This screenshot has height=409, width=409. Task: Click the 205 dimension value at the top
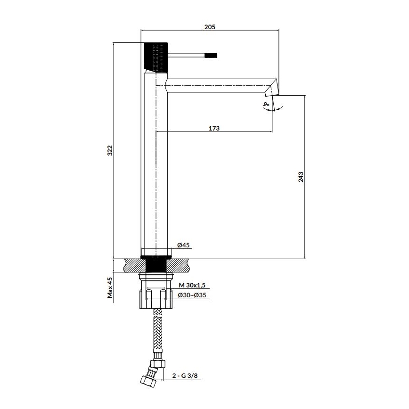coord(210,27)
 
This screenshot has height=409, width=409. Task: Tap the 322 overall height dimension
coord(110,150)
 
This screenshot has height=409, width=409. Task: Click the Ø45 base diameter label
coord(183,245)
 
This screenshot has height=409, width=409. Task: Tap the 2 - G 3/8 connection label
coord(185,376)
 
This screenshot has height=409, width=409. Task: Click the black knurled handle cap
coord(156,57)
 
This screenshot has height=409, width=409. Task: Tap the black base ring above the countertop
coord(156,257)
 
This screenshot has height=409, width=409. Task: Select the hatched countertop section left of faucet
coord(132,265)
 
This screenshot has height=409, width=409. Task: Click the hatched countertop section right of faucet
coord(181,265)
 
